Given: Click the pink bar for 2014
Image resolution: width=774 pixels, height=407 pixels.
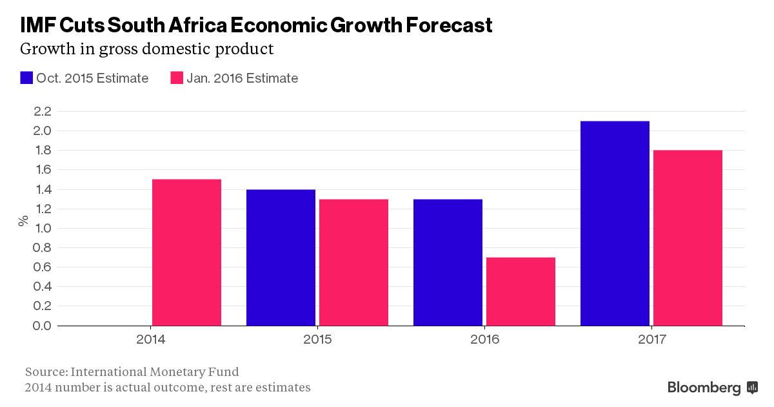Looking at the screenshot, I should [x=186, y=253].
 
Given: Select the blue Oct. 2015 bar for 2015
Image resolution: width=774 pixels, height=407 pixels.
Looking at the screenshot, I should [x=281, y=258].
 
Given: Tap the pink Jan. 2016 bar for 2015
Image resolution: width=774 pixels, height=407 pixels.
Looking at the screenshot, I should [x=353, y=262].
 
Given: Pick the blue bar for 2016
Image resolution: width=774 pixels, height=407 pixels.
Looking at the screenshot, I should [x=448, y=262].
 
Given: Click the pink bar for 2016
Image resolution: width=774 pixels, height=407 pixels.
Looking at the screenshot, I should [x=521, y=291].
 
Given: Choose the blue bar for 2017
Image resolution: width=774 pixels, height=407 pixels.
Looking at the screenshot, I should [x=615, y=224].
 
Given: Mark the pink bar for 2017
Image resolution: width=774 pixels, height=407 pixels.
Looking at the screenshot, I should [x=688, y=238].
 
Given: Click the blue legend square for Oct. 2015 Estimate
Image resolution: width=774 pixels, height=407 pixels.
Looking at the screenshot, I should [x=26, y=78].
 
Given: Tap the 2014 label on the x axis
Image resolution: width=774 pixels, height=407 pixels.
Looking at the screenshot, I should [x=150, y=339].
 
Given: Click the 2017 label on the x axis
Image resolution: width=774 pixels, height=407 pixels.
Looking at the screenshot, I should [x=651, y=339].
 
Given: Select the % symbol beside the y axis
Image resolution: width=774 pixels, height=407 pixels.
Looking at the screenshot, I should [x=23, y=220].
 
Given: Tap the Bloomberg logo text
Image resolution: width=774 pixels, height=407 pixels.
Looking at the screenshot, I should [x=704, y=388].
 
